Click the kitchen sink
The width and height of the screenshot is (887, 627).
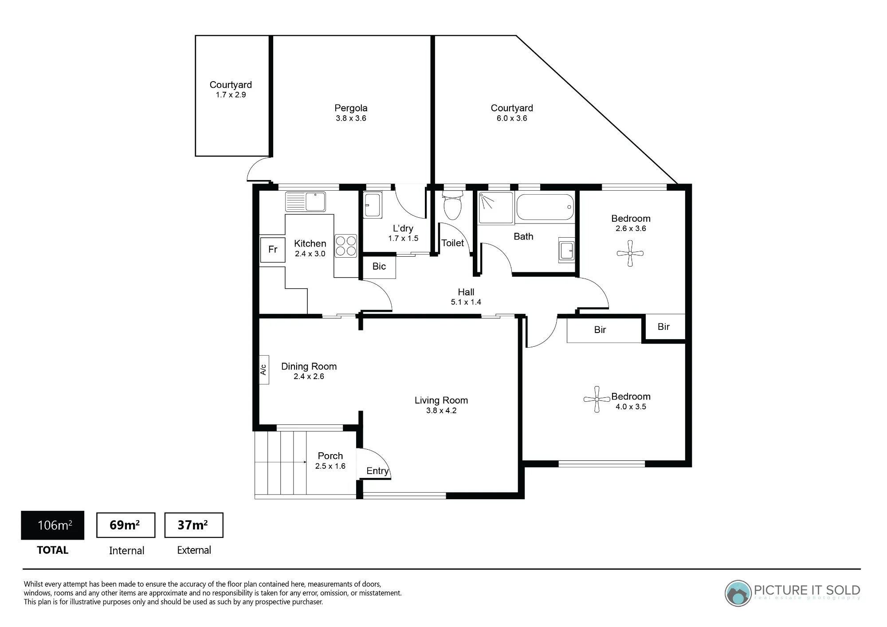[x=305, y=202]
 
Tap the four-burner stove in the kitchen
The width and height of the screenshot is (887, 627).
[x=346, y=246]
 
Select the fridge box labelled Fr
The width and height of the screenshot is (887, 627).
[x=273, y=250]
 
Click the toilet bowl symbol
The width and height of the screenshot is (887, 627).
[x=452, y=206]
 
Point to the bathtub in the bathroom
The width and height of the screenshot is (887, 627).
[x=545, y=207]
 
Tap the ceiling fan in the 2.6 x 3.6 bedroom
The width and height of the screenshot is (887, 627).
[x=630, y=254]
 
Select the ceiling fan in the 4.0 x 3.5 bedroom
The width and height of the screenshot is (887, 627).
[x=597, y=399]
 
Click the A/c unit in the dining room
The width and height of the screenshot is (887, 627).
[x=264, y=369]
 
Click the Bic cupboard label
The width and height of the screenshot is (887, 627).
[x=379, y=266]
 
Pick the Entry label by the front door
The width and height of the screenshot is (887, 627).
[x=377, y=471]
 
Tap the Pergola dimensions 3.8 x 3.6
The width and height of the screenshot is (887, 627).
[x=351, y=118]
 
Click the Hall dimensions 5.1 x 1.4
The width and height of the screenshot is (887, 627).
[x=466, y=302]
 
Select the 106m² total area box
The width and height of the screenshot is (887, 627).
[x=53, y=525]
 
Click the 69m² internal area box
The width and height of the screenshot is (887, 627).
[x=126, y=525]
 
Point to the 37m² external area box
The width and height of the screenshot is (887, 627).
[x=194, y=525]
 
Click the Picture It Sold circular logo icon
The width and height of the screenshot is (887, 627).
[x=738, y=593]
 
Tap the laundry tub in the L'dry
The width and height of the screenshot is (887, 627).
[x=373, y=205]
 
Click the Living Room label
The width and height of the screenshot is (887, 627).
[x=441, y=400]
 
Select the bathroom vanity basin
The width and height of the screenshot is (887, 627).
[x=566, y=251]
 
